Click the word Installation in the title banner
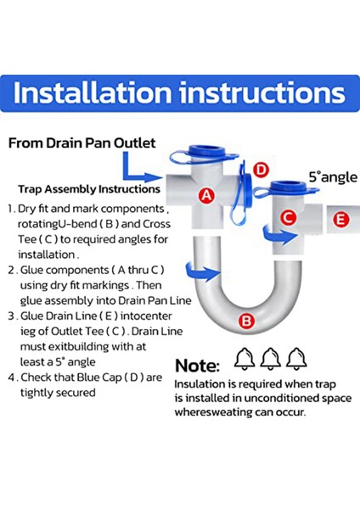click(x=93, y=93)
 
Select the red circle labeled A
click(x=205, y=193)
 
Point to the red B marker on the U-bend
click(x=246, y=321)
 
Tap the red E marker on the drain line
click(x=341, y=220)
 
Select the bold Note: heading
click(x=197, y=366)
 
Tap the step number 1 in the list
click(x=10, y=208)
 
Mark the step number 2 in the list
click(x=11, y=269)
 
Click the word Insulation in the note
click(x=200, y=383)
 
